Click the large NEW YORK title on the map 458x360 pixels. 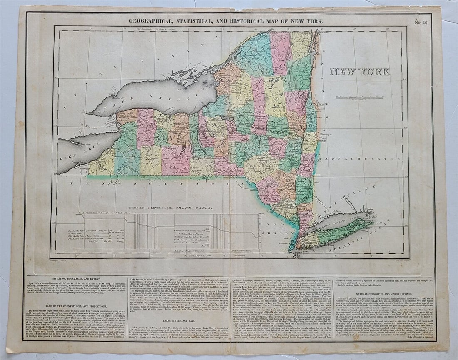coord(360,72)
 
